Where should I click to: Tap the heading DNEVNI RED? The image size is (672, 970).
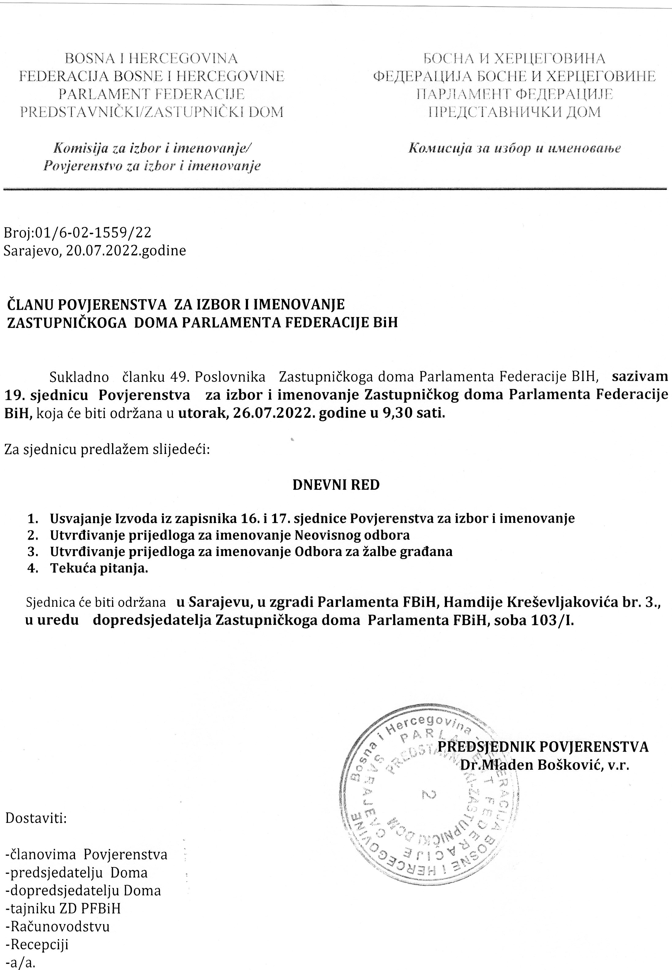pyautogui.click(x=336, y=485)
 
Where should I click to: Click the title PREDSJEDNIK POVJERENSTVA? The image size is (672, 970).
pyautogui.click(x=543, y=746)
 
